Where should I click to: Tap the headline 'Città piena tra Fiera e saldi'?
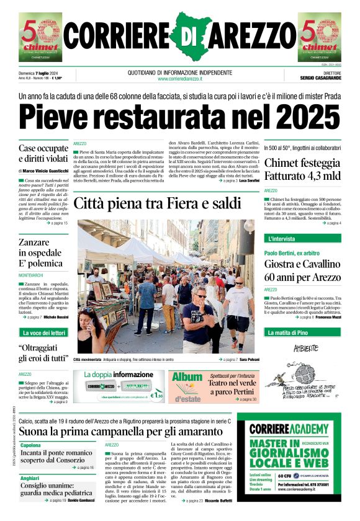click(157, 203)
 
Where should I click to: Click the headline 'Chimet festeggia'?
click(302, 163)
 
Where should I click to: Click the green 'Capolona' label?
click(30, 445)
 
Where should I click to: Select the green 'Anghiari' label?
click(30, 478)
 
